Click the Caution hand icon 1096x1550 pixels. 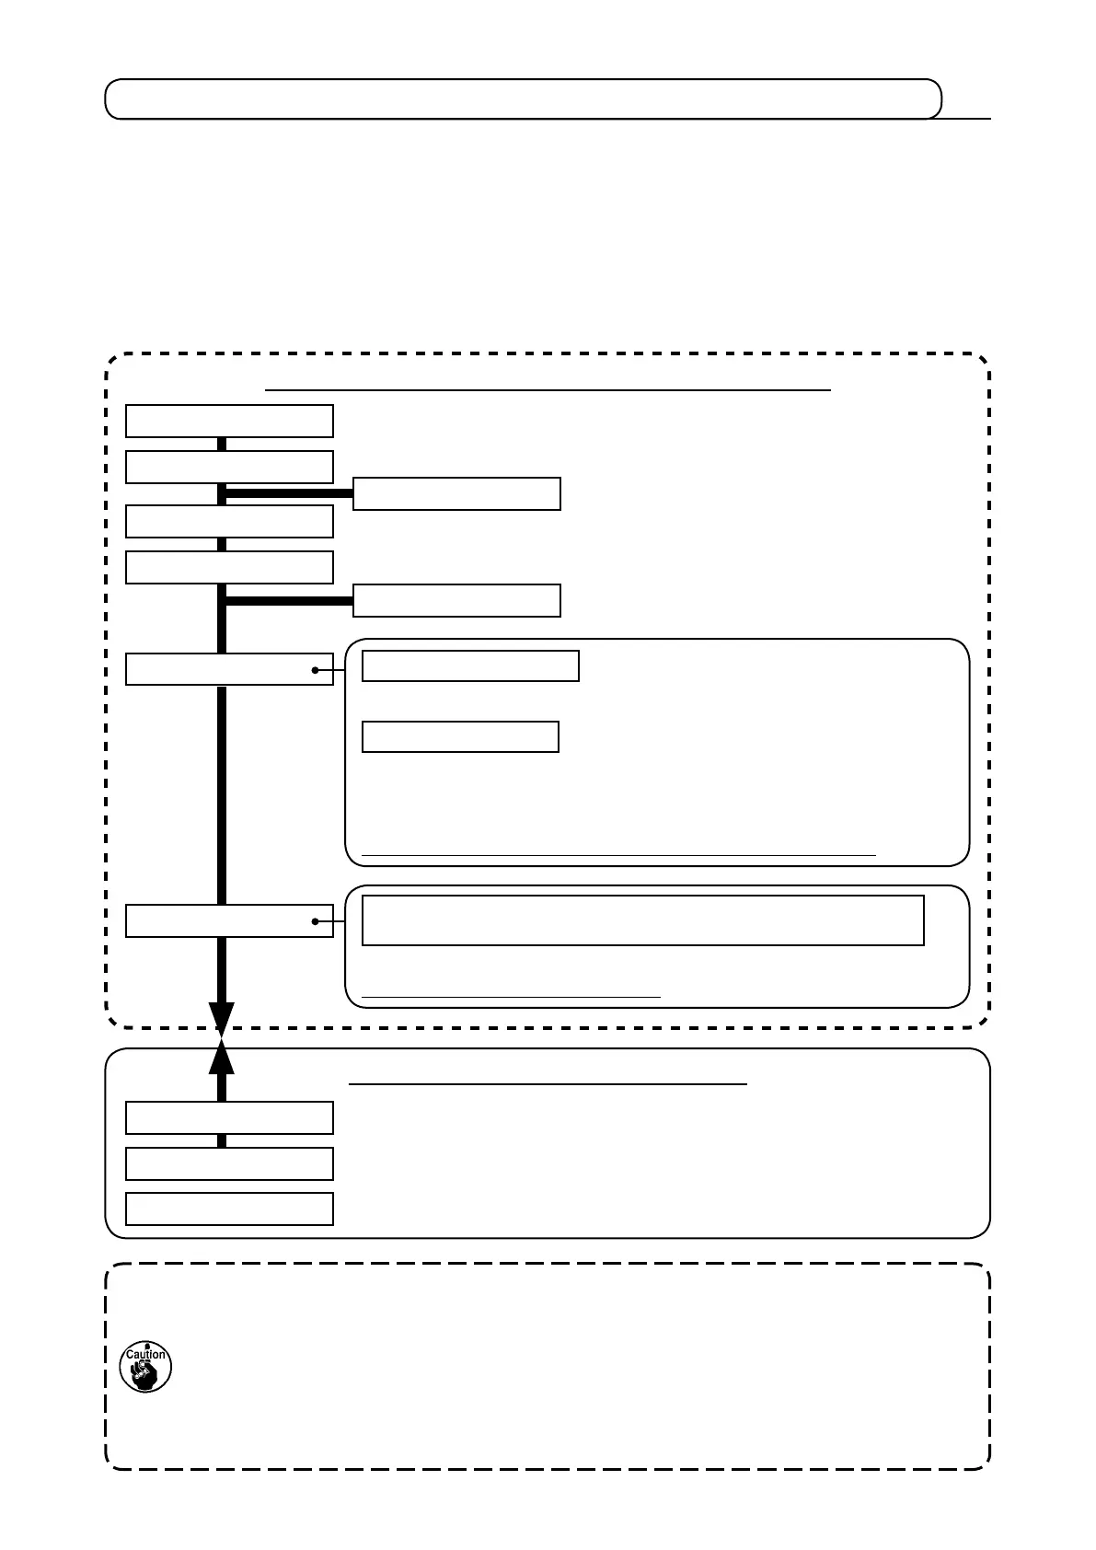[x=145, y=1367]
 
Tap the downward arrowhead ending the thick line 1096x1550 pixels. [x=222, y=1019]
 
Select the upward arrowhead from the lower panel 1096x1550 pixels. [x=222, y=1058]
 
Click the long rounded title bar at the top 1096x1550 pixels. [x=523, y=99]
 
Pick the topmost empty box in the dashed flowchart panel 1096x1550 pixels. [x=229, y=421]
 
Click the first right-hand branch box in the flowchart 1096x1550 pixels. [x=456, y=493]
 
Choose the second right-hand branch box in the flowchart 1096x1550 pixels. [x=456, y=600]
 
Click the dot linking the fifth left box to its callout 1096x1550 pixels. [x=316, y=670]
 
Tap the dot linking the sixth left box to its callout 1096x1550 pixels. [x=316, y=921]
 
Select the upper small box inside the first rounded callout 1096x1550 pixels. [x=470, y=665]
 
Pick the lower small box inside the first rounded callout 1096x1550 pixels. [x=460, y=737]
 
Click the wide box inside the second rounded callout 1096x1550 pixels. [x=642, y=920]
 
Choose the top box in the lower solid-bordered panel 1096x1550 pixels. [x=229, y=1117]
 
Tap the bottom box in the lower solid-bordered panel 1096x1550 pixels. [x=229, y=1209]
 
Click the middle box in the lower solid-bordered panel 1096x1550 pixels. [x=229, y=1163]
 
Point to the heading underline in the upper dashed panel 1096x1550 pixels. [x=548, y=390]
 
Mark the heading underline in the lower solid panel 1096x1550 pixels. [x=548, y=1085]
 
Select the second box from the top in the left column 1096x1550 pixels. [x=229, y=467]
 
